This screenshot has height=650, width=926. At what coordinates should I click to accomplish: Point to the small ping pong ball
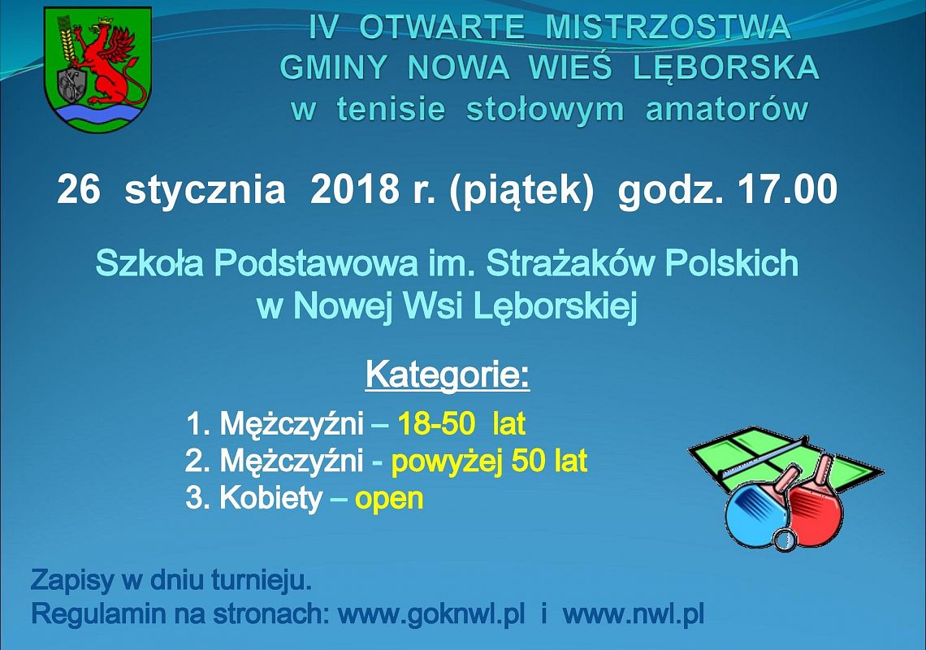pyautogui.click(x=785, y=539)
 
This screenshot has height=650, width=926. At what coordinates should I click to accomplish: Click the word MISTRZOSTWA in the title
pyautogui.click(x=668, y=28)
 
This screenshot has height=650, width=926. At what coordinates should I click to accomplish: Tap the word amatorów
pyautogui.click(x=727, y=110)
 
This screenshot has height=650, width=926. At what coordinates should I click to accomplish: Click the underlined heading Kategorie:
pyautogui.click(x=448, y=375)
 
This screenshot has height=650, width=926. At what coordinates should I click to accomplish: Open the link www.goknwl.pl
pyautogui.click(x=431, y=613)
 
